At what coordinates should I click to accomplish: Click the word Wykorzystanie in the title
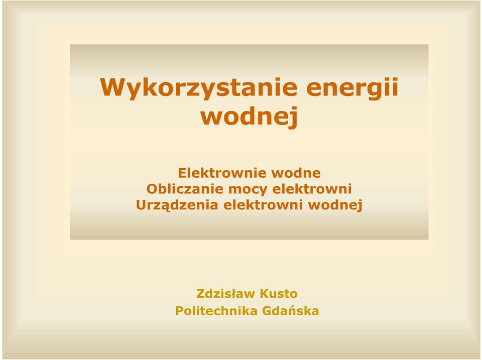tap(199, 88)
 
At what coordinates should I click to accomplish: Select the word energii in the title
tap(352, 88)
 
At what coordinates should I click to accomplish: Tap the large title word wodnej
tap(249, 117)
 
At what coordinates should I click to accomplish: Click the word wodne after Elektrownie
tap(296, 173)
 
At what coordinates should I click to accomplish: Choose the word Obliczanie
tap(185, 189)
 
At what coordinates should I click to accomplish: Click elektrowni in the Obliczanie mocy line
tap(312, 189)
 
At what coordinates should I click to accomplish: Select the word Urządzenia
tap(177, 205)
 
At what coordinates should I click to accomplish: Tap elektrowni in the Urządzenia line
tap(263, 205)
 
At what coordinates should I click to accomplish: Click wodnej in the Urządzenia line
tap(335, 205)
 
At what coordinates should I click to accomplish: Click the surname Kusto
tap(279, 294)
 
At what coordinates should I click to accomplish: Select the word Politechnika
tap(216, 311)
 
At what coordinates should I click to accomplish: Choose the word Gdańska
tap(291, 311)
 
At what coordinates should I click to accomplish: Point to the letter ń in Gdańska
tap(296, 311)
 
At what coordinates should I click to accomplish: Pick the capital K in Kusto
tap(265, 294)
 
